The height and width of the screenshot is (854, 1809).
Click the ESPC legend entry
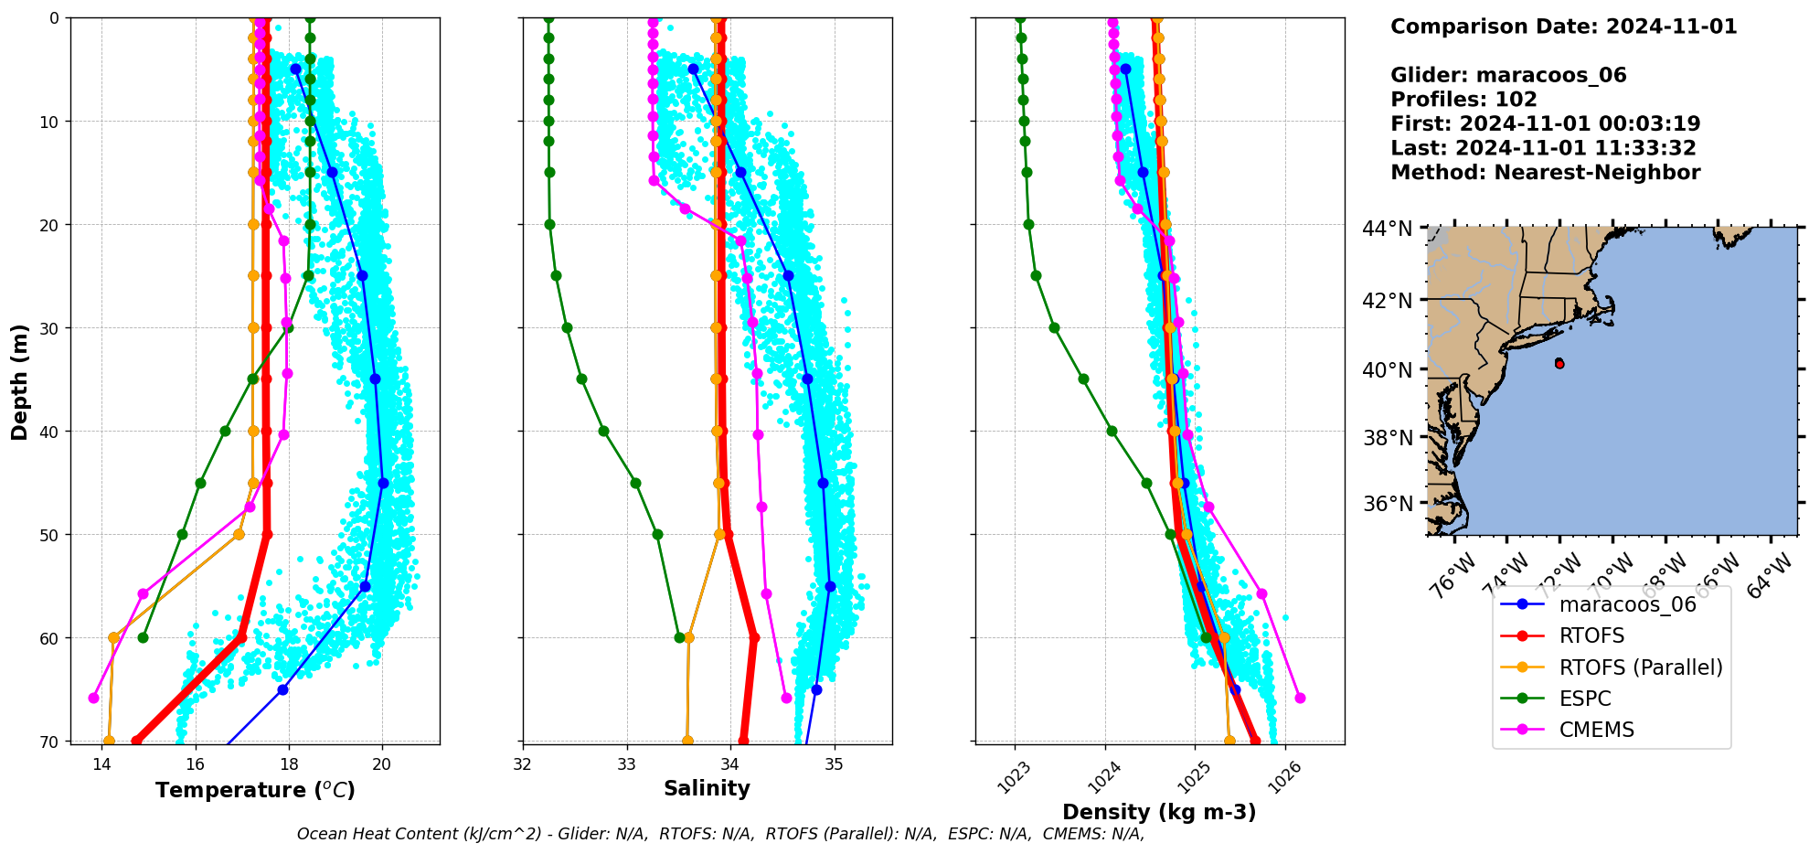click(1585, 699)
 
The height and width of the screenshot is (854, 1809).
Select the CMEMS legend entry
click(1596, 730)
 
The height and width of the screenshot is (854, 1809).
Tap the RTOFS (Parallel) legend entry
click(1640, 667)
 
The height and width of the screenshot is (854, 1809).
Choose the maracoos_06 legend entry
click(1627, 604)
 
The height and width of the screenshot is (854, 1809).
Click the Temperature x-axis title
click(255, 790)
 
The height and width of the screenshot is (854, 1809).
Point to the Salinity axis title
click(707, 788)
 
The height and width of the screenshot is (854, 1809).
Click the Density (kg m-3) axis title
click(1159, 812)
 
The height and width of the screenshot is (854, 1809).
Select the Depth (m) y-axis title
click(20, 381)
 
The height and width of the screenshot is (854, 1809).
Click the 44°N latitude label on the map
click(1387, 229)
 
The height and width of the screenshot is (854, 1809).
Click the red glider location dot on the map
click(1559, 363)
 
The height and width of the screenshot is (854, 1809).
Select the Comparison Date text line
click(1563, 27)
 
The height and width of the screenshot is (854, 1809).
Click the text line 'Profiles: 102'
click(1463, 100)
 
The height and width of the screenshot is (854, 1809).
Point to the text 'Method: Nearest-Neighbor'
click(1545, 173)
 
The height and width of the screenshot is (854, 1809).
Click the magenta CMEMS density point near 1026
click(1300, 698)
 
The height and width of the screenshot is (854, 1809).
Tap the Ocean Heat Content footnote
click(720, 834)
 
